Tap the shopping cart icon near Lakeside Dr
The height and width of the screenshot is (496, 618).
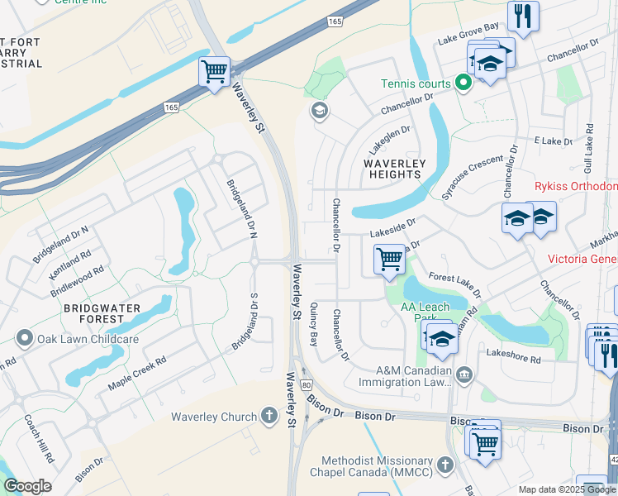point(388,259)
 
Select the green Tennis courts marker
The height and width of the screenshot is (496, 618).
point(463,83)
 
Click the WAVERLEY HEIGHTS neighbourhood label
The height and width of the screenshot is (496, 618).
point(394,169)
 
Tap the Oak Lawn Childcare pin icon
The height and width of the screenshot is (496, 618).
point(24,339)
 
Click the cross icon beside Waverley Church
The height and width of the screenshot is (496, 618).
point(269,417)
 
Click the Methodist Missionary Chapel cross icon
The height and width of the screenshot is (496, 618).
point(446,465)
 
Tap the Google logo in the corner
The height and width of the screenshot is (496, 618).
point(27,486)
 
